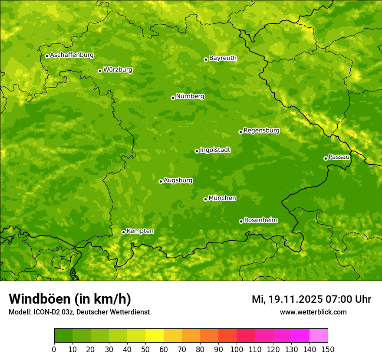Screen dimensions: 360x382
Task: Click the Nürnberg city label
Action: click(x=190, y=96)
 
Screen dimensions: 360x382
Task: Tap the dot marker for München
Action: click(x=205, y=199)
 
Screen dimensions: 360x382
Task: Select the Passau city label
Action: click(x=339, y=157)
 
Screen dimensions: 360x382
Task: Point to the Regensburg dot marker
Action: click(x=240, y=132)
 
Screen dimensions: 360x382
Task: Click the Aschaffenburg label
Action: click(x=72, y=55)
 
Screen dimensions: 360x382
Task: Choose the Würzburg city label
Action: click(x=118, y=69)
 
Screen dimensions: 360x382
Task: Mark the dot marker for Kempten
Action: click(x=123, y=232)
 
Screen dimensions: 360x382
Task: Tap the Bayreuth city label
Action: click(x=223, y=58)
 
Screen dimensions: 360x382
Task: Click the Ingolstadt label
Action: click(x=215, y=150)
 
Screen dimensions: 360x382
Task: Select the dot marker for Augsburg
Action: click(x=161, y=181)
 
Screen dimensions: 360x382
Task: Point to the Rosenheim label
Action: click(x=260, y=220)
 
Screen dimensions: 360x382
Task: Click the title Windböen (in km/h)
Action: click(x=69, y=299)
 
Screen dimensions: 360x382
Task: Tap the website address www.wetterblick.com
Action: click(x=313, y=312)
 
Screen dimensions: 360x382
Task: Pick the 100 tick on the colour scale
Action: click(x=237, y=349)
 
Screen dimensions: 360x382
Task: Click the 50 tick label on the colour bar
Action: click(x=145, y=349)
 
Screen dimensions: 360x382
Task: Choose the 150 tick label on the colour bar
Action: click(x=328, y=349)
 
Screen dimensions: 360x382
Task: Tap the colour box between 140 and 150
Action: click(x=319, y=336)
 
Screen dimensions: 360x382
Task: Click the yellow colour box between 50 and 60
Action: click(x=155, y=336)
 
